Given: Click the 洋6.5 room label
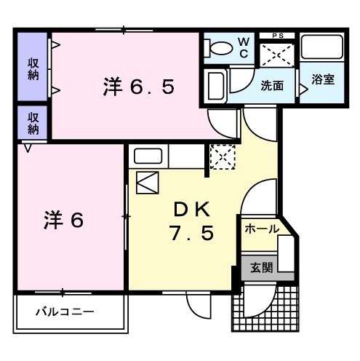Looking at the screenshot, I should pyautogui.click(x=137, y=87).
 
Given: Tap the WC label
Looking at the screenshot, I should pyautogui.click(x=244, y=47).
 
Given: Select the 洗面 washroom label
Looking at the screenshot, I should pyautogui.click(x=273, y=84).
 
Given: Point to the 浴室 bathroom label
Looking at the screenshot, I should pyautogui.click(x=322, y=79).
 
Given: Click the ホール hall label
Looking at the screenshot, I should pyautogui.click(x=261, y=228).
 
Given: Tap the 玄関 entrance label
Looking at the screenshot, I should pyautogui.click(x=262, y=268).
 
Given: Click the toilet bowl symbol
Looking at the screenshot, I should pyautogui.click(x=217, y=48).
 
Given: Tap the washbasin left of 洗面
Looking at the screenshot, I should pyautogui.click(x=216, y=87).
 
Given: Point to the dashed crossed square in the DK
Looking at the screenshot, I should pyautogui.click(x=220, y=156).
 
